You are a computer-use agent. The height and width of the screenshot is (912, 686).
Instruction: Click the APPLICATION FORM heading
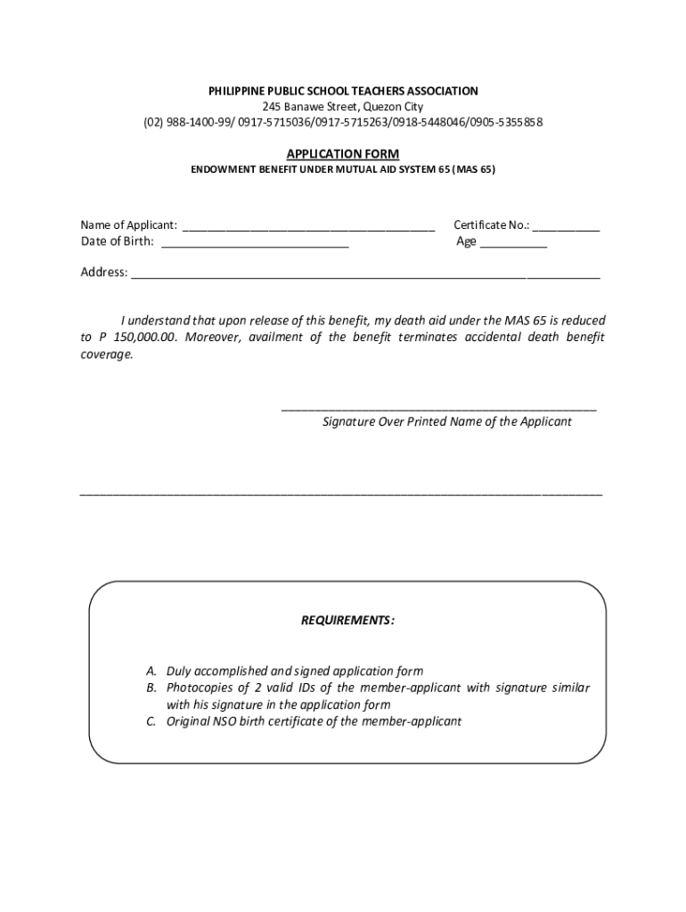(x=343, y=154)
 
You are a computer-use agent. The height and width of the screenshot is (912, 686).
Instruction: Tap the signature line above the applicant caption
(x=438, y=409)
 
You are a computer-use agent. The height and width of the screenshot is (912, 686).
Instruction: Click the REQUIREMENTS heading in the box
(x=348, y=620)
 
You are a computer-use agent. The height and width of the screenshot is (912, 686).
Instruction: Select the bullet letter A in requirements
(x=152, y=671)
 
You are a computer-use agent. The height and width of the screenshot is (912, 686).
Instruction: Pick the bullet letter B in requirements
(x=152, y=688)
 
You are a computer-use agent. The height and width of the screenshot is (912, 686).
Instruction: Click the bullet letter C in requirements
(x=152, y=721)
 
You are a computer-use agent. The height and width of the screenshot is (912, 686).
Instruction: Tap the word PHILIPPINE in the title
(x=241, y=91)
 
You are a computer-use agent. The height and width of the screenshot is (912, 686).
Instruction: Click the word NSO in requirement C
(x=225, y=721)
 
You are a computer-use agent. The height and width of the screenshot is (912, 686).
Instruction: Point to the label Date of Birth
(x=117, y=241)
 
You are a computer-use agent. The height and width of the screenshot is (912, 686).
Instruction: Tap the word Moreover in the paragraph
(x=213, y=337)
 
